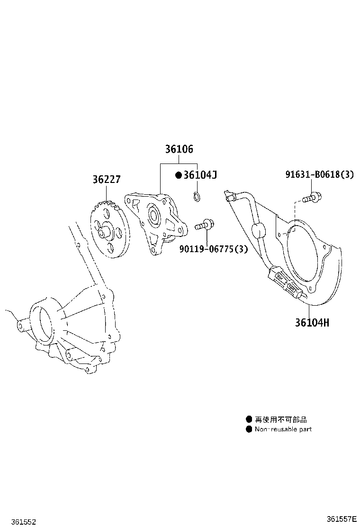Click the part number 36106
pyautogui.click(x=179, y=149)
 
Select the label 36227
pyautogui.click(x=106, y=180)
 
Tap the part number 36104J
pyautogui.click(x=200, y=175)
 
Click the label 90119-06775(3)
pyautogui.click(x=213, y=249)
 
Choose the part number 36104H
pyautogui.click(x=312, y=323)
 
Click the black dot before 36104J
pyautogui.click(x=179, y=175)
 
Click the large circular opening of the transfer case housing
pyautogui.click(x=45, y=322)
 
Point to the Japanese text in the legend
pyautogui.click(x=281, y=419)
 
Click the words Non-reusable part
pyautogui.click(x=283, y=429)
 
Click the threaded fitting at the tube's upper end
pyautogui.click(x=230, y=196)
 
